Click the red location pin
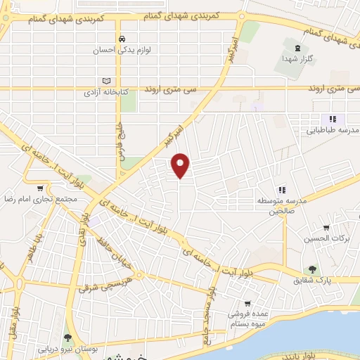pos(181,165)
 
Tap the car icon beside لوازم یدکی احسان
pos(123,39)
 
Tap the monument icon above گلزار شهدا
pos(295,47)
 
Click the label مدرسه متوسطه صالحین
pos(282,205)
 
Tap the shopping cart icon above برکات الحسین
pos(326,227)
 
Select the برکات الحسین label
pos(326,239)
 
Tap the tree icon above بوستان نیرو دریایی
pos(68,338)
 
